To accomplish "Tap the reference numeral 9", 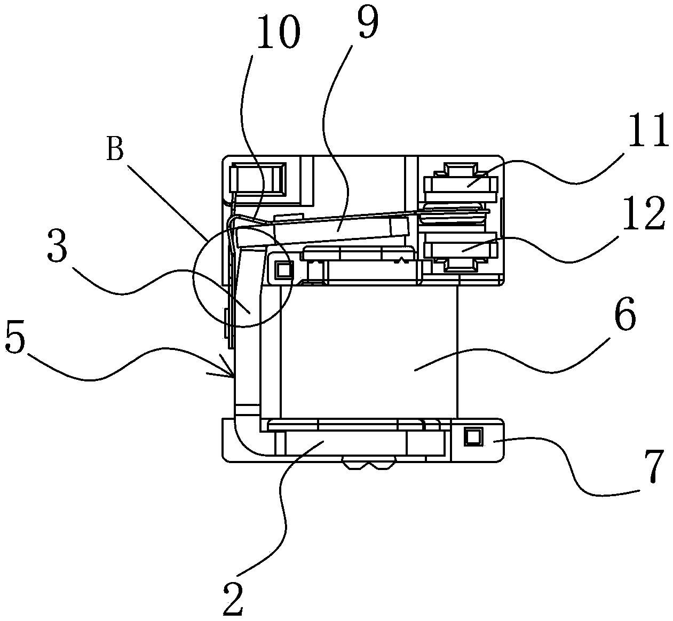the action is click(x=368, y=21).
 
